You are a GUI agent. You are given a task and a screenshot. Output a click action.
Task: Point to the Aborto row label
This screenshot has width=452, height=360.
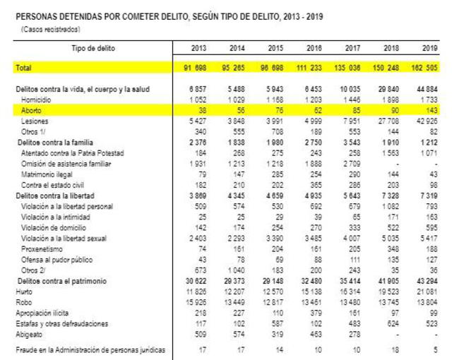pos(30,112)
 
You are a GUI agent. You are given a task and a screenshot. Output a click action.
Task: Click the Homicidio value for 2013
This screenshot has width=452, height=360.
pos(196,101)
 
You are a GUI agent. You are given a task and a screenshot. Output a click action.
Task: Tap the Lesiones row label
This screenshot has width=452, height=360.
pos(33,121)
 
